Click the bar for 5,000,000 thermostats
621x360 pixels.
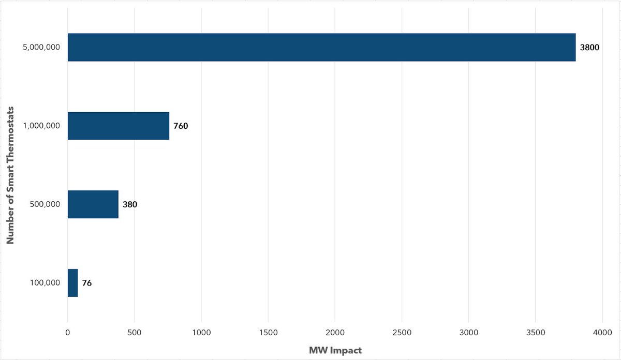pos(321,48)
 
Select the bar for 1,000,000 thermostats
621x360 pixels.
pos(119,126)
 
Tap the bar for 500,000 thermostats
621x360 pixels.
pos(93,204)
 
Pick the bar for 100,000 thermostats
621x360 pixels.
pos(73,283)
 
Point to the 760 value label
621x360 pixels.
pos(181,126)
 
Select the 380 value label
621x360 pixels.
pos(130,205)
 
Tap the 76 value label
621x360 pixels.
pos(87,283)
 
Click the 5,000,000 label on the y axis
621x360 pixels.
pos(42,48)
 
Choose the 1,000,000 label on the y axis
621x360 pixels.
pos(42,126)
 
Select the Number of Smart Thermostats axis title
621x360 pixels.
pos(11,175)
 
